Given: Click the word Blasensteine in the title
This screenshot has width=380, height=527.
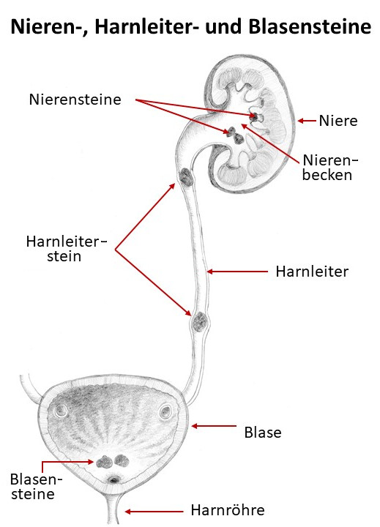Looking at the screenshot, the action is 310,26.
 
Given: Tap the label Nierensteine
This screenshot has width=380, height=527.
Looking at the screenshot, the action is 75,100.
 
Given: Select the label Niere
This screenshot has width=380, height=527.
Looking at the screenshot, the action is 338,121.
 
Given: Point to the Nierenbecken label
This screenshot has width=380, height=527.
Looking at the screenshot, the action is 330,168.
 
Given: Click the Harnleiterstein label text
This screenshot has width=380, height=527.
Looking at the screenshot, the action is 66,249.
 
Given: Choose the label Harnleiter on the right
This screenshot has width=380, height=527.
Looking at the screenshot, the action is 312,272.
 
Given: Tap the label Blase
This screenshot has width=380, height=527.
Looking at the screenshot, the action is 263,433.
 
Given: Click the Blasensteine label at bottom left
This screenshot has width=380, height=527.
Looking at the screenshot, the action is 36,486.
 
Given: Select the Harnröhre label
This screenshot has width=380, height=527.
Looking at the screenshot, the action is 228,510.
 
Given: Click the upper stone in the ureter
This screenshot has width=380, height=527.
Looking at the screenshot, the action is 186,177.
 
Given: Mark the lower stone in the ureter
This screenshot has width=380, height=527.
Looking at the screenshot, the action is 200,321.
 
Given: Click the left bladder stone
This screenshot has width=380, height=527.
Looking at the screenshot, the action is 104,463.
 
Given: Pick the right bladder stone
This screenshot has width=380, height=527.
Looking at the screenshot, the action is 122,461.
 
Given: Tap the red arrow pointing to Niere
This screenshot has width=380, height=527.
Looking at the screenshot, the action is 307,121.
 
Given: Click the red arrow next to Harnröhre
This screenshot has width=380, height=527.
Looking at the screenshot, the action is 154,512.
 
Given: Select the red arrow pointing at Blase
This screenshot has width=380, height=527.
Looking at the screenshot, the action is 215,426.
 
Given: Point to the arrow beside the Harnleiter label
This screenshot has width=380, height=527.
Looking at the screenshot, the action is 237,272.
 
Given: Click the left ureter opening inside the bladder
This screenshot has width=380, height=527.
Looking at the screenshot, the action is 62,410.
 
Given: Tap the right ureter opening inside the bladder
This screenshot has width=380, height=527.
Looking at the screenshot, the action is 165,411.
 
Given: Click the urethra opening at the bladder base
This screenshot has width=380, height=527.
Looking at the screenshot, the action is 114,480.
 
